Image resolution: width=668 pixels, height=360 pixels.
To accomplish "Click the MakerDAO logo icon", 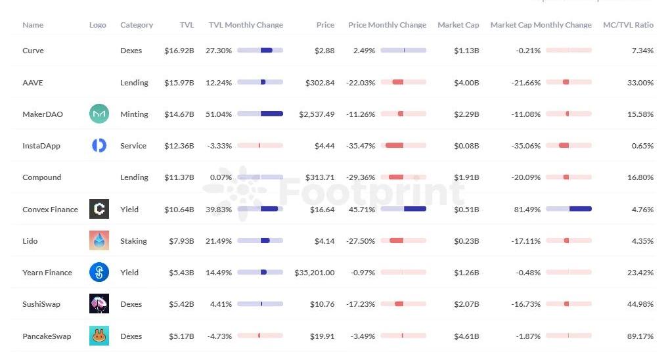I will pos(99,114).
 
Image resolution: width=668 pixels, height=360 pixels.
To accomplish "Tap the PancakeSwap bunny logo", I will pos(99,336).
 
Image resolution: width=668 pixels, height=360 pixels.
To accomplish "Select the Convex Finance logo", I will pos(99,210).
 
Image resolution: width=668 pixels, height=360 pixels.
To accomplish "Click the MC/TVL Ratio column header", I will pos(628,25).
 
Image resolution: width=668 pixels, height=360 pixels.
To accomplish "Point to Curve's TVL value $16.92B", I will pos(179,51).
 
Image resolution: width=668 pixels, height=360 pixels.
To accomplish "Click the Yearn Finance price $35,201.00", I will pos(314,273).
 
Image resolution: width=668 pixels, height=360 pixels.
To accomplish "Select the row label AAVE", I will pos(33,83).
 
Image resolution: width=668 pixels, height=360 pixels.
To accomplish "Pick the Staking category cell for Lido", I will pos(133,241).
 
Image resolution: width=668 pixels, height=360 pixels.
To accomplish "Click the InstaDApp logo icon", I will pos(99,146).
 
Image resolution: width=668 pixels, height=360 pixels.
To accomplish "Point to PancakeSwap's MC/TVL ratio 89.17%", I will pos(640,336).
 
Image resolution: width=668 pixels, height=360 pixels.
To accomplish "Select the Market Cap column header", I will pos(458,25).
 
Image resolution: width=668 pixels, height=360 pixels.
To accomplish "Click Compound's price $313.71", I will pos(320,177).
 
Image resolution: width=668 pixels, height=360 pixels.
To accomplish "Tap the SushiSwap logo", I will pos(99,304).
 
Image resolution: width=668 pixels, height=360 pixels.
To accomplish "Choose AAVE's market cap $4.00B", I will pos(466,83).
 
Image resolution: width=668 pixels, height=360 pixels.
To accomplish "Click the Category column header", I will pos(137,25).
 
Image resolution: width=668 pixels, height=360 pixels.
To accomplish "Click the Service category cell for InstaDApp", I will pos(133,146).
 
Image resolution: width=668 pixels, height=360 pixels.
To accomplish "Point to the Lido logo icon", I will pos(99,241).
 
